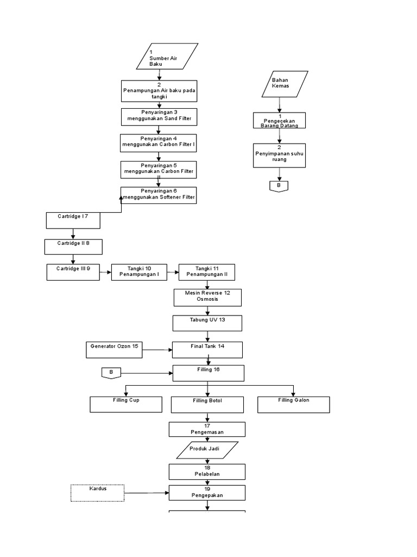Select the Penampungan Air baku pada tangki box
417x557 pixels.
click(x=159, y=91)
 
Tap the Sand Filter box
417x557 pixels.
click(x=159, y=116)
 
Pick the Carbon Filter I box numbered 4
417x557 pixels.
click(x=159, y=143)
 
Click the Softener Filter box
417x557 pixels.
click(x=159, y=195)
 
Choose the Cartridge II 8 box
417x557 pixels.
click(x=73, y=246)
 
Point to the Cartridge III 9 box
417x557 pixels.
click(x=73, y=272)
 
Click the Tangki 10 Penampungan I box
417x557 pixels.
click(x=139, y=272)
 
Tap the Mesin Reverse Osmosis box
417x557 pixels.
click(x=207, y=297)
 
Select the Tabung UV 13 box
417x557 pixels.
click(x=207, y=323)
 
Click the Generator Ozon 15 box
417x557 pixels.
click(x=114, y=350)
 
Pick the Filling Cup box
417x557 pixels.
click(x=126, y=404)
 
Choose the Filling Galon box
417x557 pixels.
click(x=294, y=404)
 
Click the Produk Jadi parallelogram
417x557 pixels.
click(x=207, y=450)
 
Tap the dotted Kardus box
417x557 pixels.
click(x=98, y=492)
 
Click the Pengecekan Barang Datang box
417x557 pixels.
click(x=280, y=120)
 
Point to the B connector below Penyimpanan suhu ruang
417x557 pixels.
click(x=279, y=186)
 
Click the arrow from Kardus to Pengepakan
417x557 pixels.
click(x=147, y=493)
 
